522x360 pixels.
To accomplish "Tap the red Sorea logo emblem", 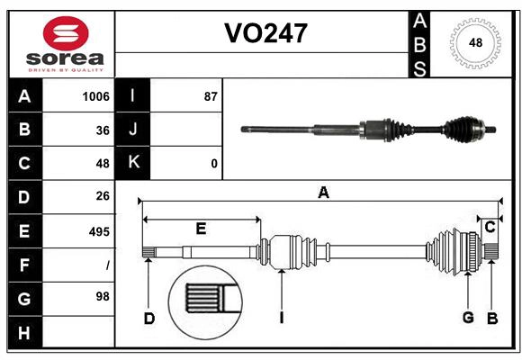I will point(66,34).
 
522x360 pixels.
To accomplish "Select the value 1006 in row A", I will point(95,96).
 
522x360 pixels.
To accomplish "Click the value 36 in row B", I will point(102,130).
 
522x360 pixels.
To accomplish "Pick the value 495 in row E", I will point(99,231).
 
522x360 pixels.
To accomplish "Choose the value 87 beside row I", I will point(211,96).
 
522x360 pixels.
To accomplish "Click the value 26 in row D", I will point(102,196).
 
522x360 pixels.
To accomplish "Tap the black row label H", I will point(24,332).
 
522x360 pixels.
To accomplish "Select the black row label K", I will point(133,163).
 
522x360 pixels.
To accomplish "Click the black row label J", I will point(133,130).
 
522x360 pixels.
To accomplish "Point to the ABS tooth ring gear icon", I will point(473,43).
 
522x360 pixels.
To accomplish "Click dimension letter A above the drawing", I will point(323,192).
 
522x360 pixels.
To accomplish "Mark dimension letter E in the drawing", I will point(201,229).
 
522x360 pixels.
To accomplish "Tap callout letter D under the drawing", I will point(149,318).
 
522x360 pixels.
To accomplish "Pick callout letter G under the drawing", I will point(468,318).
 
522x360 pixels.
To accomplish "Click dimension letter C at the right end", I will point(490,228).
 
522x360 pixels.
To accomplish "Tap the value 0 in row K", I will point(213,164).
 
